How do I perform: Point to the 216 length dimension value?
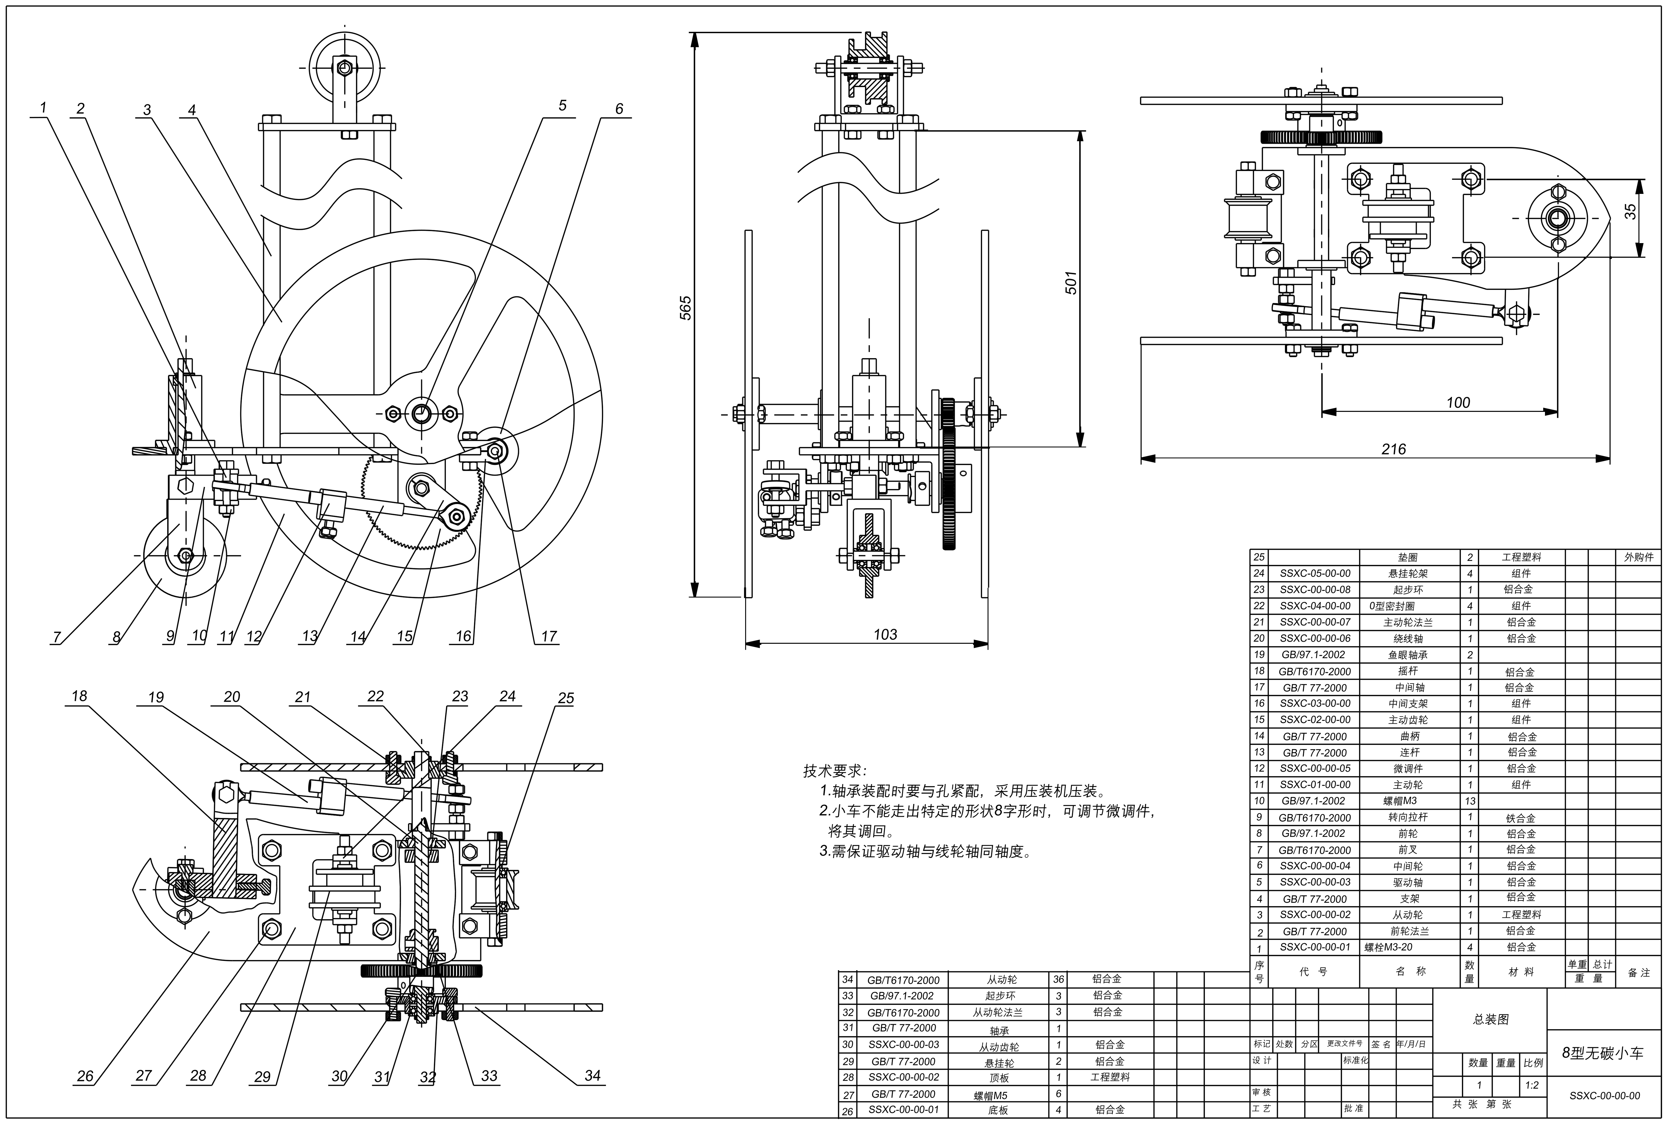[x=1393, y=449]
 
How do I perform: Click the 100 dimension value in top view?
[x=1458, y=402]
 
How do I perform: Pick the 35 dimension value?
[x=1630, y=212]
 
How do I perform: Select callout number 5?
[x=562, y=105]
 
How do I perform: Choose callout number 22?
[x=375, y=696]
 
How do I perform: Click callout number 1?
[x=43, y=108]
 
